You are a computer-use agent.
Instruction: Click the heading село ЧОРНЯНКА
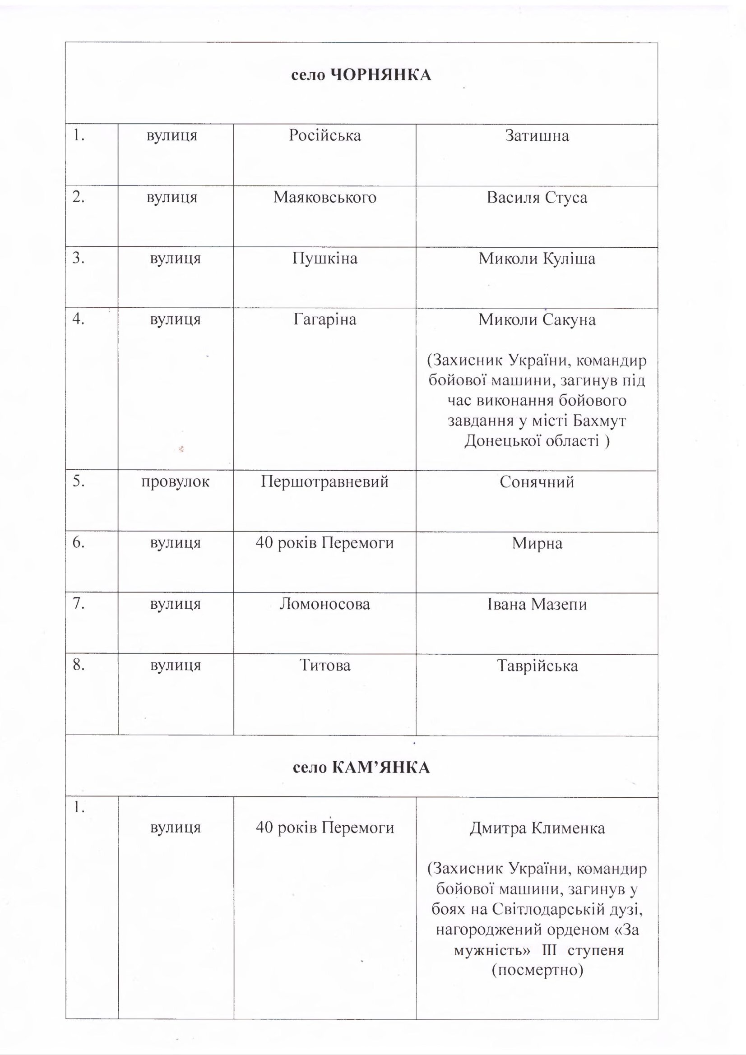click(361, 75)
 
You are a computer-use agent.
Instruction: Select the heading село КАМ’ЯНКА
click(361, 768)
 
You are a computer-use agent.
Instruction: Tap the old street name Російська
click(324, 135)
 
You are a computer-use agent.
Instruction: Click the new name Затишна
click(537, 135)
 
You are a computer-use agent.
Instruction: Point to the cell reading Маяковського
click(324, 198)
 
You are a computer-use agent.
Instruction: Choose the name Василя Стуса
click(537, 198)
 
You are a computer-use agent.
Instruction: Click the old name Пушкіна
click(324, 259)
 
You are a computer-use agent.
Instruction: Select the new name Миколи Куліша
click(537, 259)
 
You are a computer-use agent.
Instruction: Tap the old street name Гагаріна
click(324, 319)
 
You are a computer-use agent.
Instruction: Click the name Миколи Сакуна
click(537, 319)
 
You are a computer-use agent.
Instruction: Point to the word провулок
click(175, 481)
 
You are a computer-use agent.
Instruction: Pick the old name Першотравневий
click(324, 481)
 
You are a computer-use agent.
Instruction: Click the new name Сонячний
click(537, 482)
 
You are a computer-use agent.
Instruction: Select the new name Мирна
click(537, 543)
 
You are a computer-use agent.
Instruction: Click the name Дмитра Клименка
click(537, 828)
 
